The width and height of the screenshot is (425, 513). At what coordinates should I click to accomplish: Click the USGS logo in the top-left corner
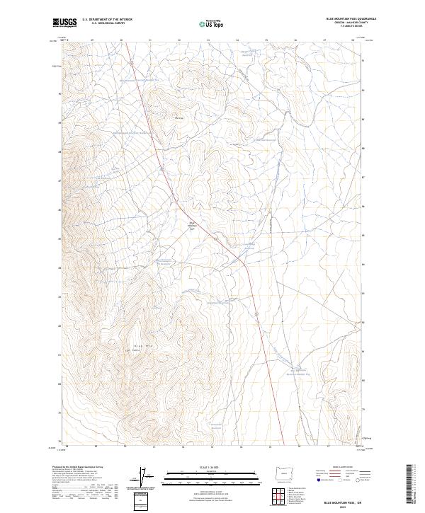[x=64, y=23]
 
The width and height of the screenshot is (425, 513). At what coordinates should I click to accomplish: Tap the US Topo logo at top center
[x=212, y=23]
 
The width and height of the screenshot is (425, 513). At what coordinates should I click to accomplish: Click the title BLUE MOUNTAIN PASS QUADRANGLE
[x=351, y=19]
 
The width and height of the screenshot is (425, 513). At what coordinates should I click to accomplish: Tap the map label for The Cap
[x=179, y=118]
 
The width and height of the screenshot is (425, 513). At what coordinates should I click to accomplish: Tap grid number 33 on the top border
[x=208, y=40]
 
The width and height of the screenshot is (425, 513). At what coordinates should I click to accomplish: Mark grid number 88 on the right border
[x=364, y=149]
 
